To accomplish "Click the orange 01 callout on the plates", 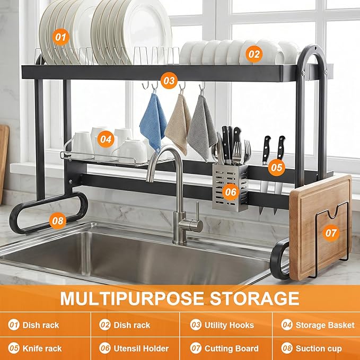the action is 60,37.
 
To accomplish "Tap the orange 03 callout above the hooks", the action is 169,81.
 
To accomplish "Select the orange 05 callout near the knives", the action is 276,168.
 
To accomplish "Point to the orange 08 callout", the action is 58,221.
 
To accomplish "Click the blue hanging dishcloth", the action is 153,122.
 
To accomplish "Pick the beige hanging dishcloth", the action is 178,124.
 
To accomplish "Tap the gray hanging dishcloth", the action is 202,127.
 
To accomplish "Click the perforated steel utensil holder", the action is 230,187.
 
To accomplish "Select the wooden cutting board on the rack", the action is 320,227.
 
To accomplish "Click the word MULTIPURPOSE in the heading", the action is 132,298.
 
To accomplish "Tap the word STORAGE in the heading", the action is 254,298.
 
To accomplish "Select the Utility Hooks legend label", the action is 229,325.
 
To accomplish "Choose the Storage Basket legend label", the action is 325,325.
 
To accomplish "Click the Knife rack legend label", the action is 42,348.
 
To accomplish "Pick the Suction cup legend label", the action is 319,349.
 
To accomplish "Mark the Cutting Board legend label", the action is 231,348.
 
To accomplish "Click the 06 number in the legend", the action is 104,348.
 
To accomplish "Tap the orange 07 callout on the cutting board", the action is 331,233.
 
